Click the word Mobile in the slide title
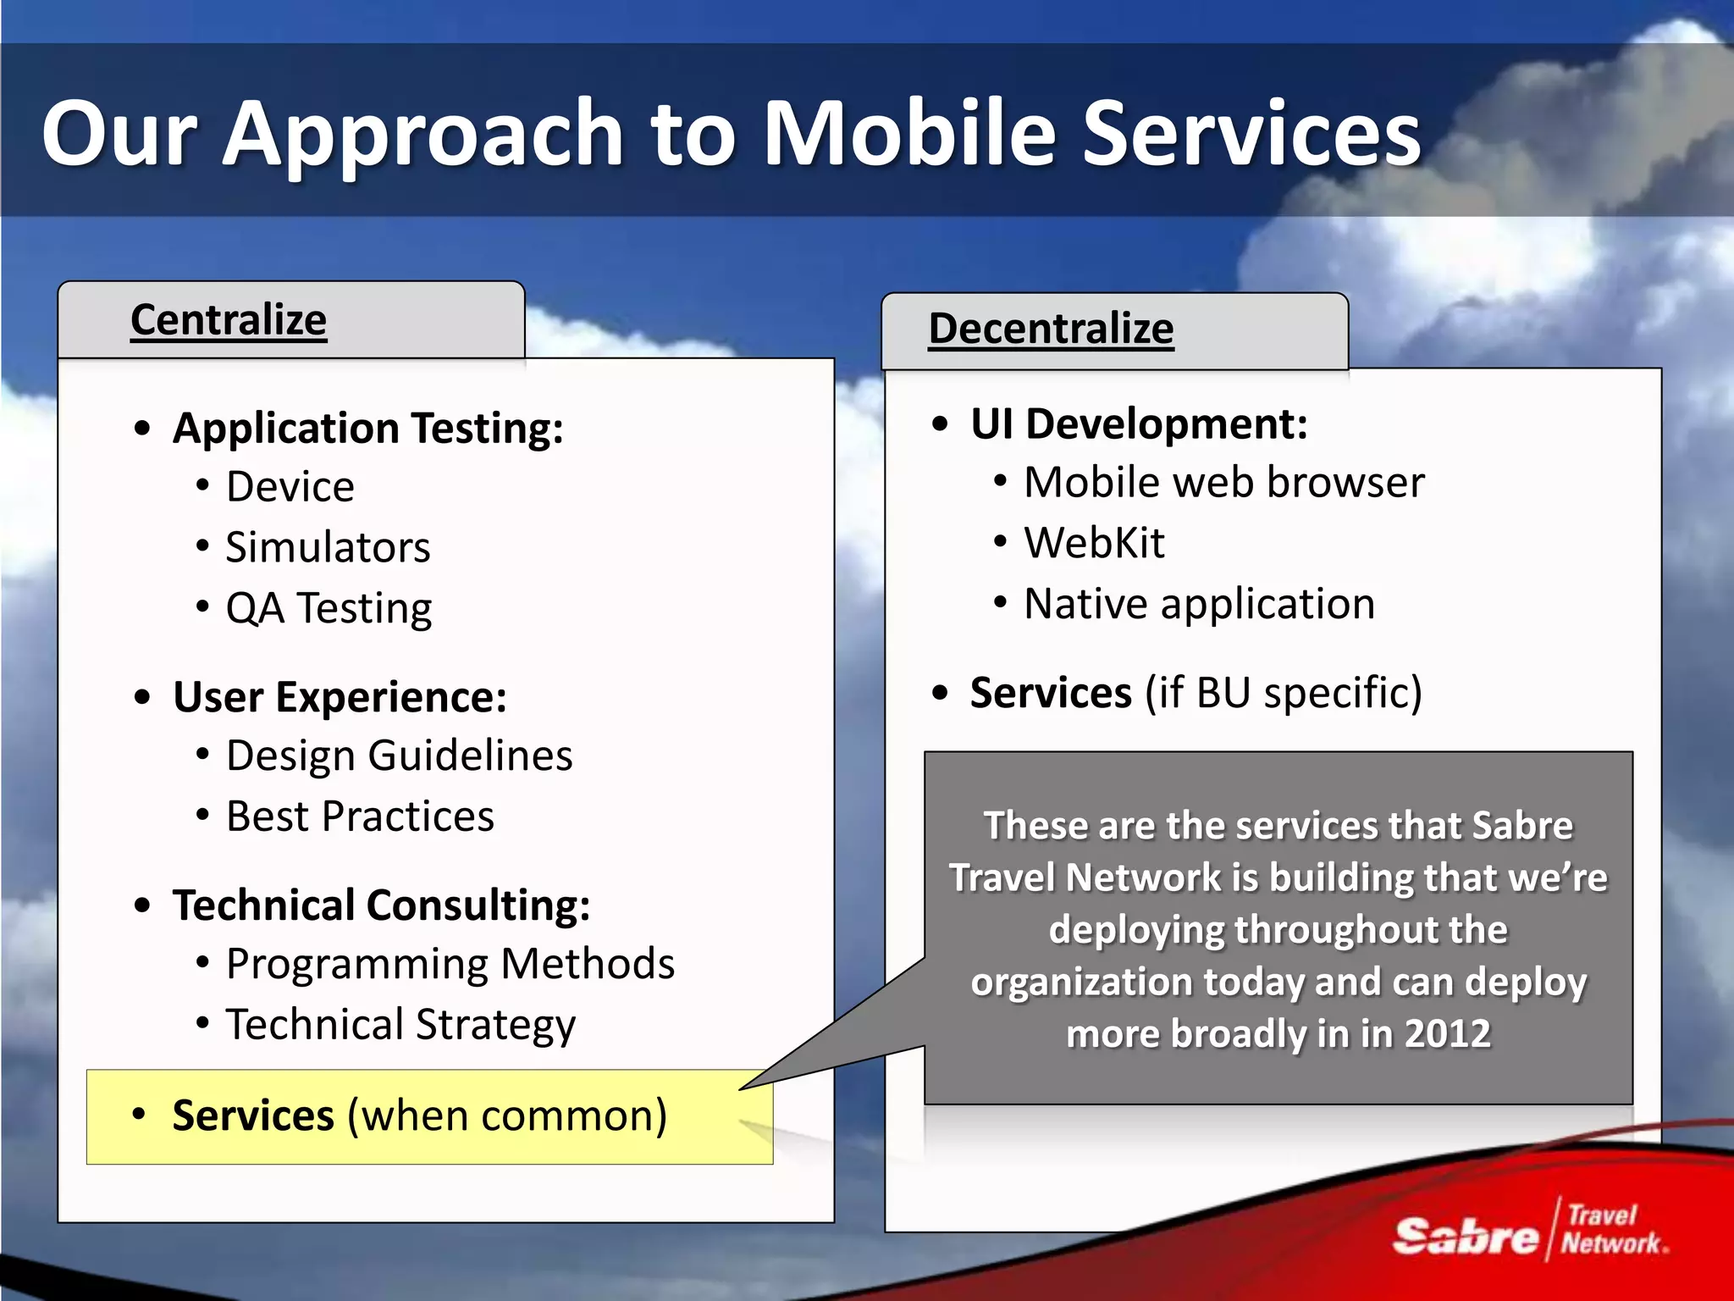(909, 133)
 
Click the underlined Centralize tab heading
(229, 320)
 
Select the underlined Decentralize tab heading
(1051, 329)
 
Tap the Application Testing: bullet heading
(367, 428)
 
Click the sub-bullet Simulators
(328, 547)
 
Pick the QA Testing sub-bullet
(329, 608)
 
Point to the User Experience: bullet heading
(340, 697)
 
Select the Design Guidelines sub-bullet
(399, 756)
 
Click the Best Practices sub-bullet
(360, 817)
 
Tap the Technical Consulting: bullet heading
(381, 905)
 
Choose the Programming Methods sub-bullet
(450, 964)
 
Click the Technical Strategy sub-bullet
(400, 1025)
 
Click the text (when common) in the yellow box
(507, 1116)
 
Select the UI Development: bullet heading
(1139, 424)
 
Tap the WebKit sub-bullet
(1094, 543)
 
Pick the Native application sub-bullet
(1199, 604)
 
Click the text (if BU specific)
(1284, 693)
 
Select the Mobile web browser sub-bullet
(1223, 483)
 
